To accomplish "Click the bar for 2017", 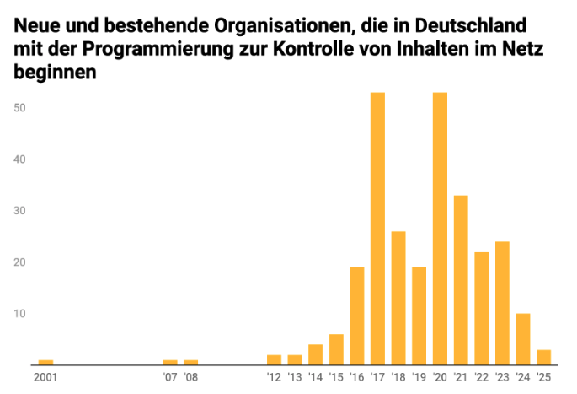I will (x=377, y=229).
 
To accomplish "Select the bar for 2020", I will (x=440, y=229).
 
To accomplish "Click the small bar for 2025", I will (x=543, y=357).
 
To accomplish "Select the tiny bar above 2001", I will (x=45, y=362).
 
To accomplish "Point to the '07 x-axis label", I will (x=170, y=377).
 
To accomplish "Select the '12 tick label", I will (x=274, y=377).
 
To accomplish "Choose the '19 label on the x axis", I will (x=419, y=377).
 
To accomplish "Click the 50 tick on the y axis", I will (x=20, y=108).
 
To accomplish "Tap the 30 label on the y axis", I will (x=20, y=211).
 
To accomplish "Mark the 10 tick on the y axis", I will (x=20, y=314).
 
